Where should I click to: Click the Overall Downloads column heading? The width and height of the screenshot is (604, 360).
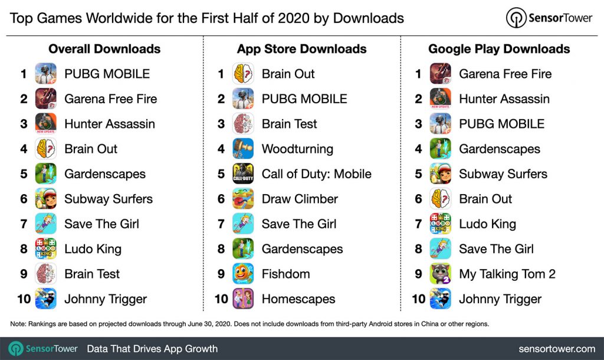104,49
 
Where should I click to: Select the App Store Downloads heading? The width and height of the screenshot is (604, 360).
301,49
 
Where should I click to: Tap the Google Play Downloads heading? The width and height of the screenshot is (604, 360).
499,49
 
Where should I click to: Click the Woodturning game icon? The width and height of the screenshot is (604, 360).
243,149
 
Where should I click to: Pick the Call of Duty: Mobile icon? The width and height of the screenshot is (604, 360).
243,174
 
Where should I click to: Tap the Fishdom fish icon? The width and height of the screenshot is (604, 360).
243,274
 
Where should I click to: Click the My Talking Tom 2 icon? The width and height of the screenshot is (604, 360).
441,274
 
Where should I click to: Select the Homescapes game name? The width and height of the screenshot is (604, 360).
298,299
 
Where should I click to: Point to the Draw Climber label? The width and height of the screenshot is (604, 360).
300,199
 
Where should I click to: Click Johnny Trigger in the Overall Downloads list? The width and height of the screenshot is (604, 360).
106,299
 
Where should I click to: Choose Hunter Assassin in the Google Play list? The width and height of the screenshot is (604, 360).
504,99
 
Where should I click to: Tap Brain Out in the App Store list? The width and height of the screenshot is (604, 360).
288,74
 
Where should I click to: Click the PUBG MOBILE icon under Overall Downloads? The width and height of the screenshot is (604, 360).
45,74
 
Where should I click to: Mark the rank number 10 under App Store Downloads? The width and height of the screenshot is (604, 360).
221,299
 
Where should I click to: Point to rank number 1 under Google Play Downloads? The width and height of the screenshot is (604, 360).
418,74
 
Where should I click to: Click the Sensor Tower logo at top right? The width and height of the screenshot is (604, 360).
549,18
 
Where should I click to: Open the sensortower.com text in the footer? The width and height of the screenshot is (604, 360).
557,349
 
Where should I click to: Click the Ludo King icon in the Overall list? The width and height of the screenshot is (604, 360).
45,249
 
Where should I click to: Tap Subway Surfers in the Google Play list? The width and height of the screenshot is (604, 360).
503,174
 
